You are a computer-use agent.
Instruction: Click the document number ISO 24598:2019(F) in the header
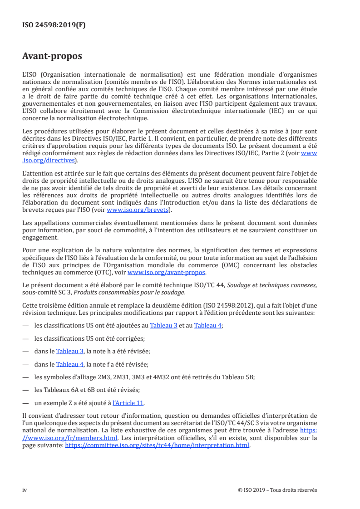54,25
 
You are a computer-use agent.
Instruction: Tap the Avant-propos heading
52,56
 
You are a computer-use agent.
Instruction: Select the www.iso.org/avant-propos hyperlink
167,272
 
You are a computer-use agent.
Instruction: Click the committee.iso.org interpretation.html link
158,445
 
